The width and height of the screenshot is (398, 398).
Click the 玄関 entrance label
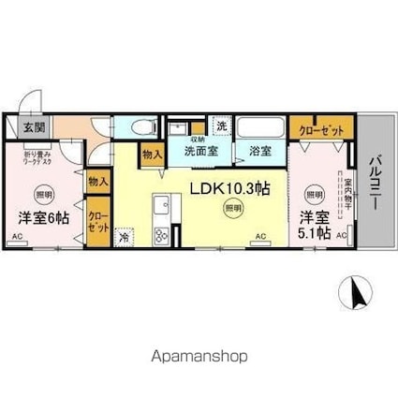(x=34, y=126)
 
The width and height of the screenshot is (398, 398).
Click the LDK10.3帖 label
(x=231, y=187)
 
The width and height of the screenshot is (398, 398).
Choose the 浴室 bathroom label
(x=259, y=149)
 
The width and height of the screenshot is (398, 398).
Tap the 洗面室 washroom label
(x=200, y=149)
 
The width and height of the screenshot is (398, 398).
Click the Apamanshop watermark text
(x=199, y=356)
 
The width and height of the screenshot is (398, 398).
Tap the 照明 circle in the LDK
(x=230, y=210)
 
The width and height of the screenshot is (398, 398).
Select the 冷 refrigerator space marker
(x=125, y=239)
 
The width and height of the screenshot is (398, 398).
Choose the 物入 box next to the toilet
(x=151, y=153)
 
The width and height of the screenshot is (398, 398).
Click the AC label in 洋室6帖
(x=18, y=238)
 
